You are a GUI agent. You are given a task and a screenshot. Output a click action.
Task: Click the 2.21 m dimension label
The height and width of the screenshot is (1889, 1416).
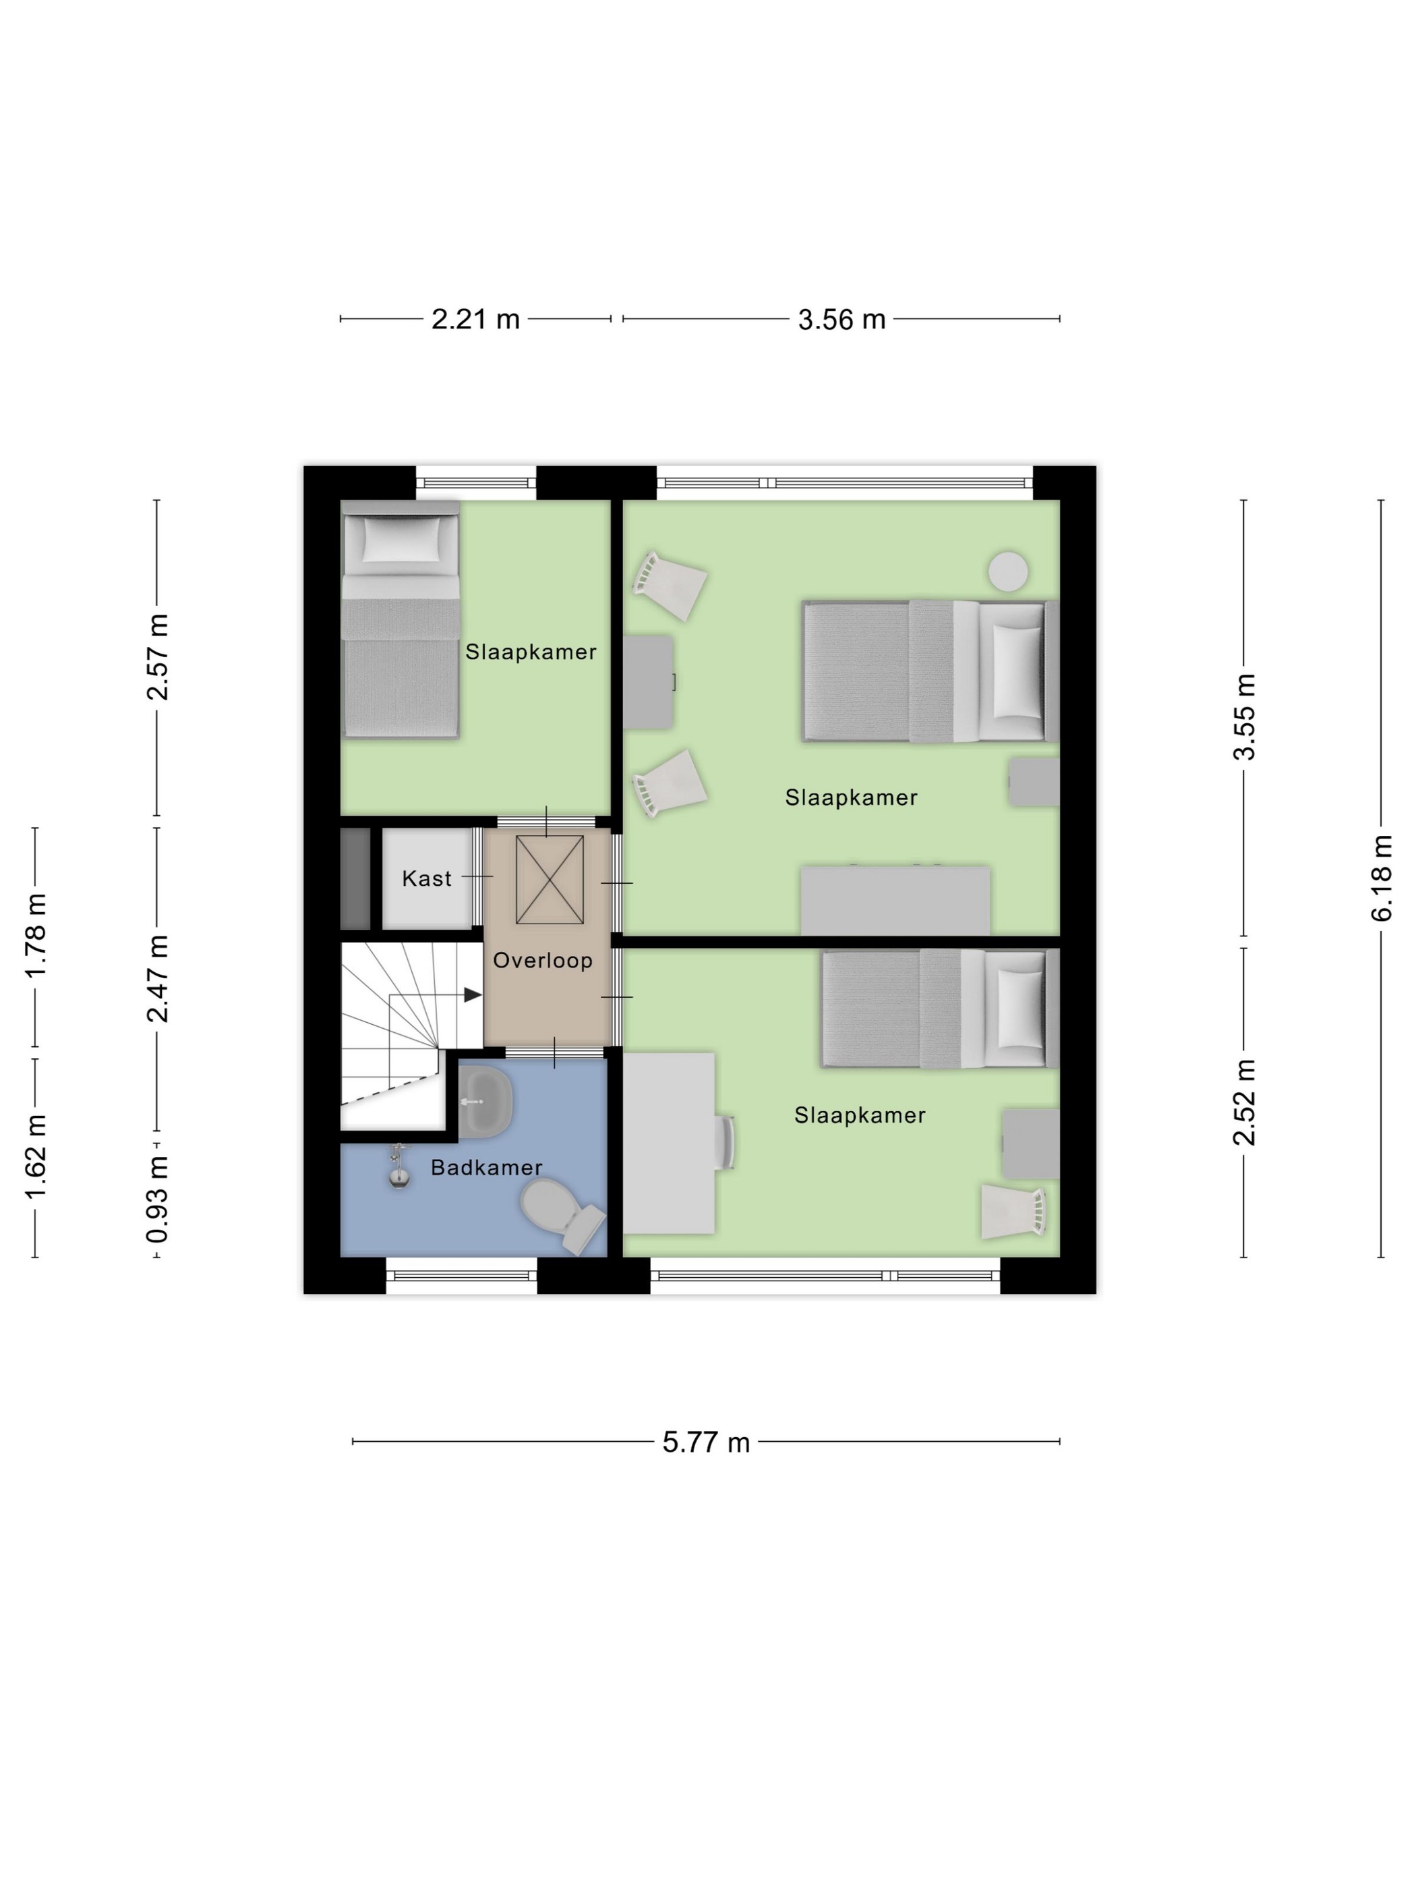click(x=475, y=319)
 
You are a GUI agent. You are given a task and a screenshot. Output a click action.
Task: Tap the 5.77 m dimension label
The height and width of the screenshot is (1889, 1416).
click(x=706, y=1442)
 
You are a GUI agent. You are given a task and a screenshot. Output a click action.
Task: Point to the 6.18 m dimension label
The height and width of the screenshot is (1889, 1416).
click(x=1382, y=878)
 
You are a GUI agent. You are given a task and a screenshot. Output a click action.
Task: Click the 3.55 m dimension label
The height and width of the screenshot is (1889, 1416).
click(x=1245, y=716)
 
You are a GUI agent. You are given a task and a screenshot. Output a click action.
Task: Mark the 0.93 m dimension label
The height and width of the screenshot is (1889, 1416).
click(x=157, y=1200)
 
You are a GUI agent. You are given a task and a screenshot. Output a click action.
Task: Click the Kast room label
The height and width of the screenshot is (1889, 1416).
click(x=427, y=879)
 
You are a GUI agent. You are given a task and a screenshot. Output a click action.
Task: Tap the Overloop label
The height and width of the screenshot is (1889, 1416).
click(x=543, y=961)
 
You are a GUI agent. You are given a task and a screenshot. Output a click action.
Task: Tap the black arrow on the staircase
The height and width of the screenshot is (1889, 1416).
click(x=473, y=995)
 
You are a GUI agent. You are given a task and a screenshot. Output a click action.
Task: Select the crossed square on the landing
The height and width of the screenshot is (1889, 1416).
click(x=550, y=880)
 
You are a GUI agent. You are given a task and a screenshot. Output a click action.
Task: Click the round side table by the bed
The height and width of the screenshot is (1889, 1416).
click(x=1008, y=571)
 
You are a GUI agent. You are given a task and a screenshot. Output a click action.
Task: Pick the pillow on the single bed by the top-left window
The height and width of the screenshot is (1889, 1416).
click(x=402, y=540)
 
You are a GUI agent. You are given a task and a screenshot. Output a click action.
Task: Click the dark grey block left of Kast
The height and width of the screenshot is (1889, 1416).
click(x=355, y=879)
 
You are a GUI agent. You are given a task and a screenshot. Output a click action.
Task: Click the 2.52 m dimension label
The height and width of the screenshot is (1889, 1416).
click(x=1245, y=1102)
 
